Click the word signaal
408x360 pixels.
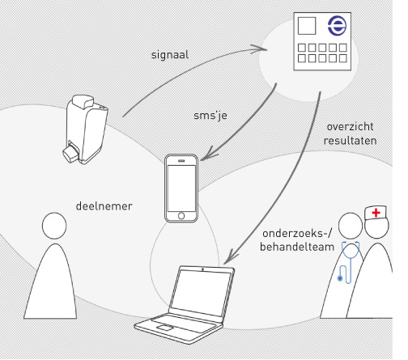[x=170, y=55]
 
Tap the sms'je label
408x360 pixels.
[x=210, y=116]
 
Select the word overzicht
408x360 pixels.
[x=350, y=127]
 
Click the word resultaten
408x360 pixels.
[x=350, y=141]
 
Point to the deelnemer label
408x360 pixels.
[x=104, y=206]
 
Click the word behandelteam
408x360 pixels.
[x=297, y=247]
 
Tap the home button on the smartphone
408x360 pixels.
[x=181, y=216]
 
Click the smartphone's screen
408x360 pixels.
[x=181, y=188]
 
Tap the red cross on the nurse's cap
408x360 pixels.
[x=376, y=213]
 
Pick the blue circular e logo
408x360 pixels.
[x=337, y=26]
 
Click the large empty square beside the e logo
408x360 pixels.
[x=307, y=26]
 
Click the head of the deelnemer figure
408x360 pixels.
[x=54, y=226]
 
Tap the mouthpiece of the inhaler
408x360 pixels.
[x=70, y=154]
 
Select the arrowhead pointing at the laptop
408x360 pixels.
[x=229, y=257]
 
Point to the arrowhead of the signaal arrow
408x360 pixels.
[x=260, y=49]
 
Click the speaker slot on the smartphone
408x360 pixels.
[x=181, y=161]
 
